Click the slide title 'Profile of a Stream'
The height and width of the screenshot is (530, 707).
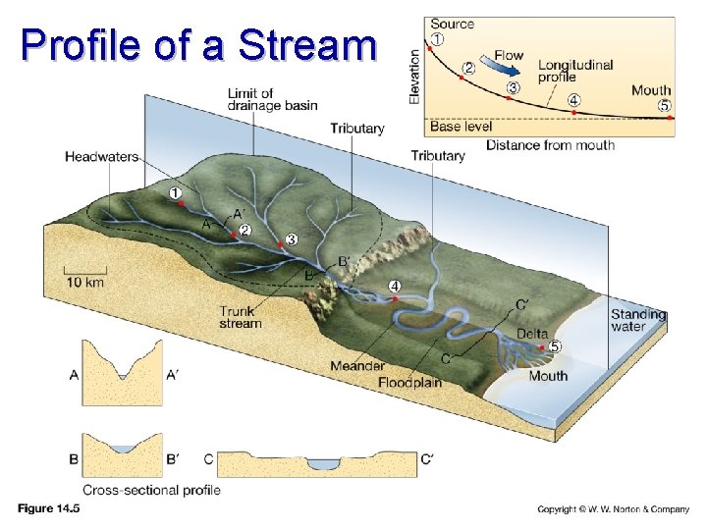click(198, 44)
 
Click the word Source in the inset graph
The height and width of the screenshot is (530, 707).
click(452, 24)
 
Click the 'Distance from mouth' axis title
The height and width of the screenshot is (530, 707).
click(550, 145)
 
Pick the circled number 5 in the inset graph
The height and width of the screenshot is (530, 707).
click(665, 105)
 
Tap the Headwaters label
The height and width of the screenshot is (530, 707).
click(101, 156)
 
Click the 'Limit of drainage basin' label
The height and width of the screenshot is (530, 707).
click(272, 100)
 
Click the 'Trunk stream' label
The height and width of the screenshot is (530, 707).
click(241, 317)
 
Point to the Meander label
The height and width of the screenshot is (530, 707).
click(357, 366)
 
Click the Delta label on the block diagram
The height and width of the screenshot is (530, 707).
click(532, 334)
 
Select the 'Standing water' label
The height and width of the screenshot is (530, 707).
click(638, 321)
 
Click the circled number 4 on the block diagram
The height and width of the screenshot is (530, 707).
click(395, 286)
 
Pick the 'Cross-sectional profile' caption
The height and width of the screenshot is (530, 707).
click(151, 490)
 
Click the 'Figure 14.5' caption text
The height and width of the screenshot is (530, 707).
click(50, 508)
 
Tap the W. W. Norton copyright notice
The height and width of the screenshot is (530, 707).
click(614, 509)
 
